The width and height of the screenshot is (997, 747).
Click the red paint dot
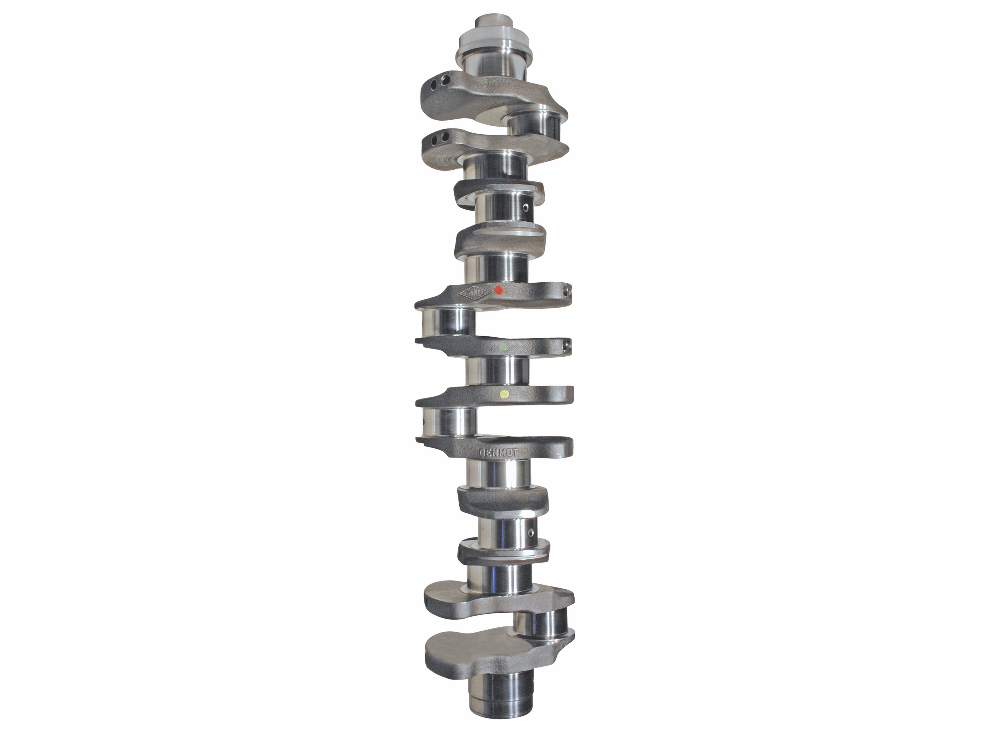(498, 290)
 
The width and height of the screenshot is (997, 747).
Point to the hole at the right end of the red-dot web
(570, 293)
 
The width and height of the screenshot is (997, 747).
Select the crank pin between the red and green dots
(448, 321)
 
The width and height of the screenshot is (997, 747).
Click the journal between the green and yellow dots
(498, 371)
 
